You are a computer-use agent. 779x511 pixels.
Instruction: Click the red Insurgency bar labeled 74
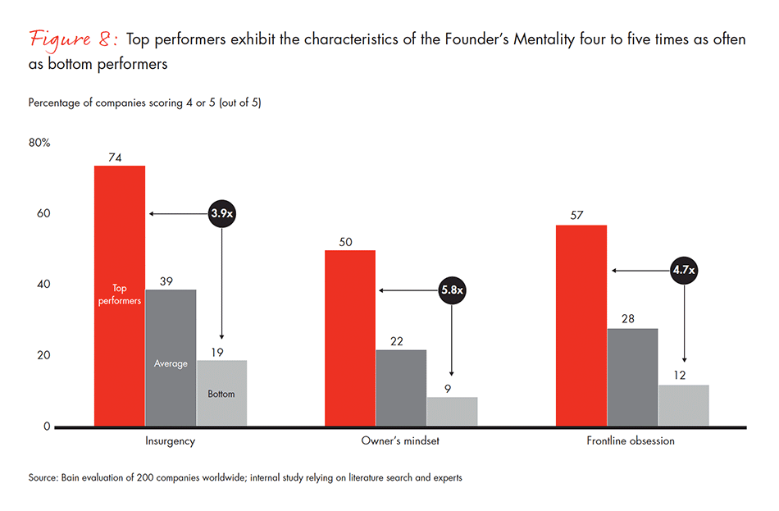point(120,246)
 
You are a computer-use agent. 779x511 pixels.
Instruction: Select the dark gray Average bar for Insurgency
point(171,328)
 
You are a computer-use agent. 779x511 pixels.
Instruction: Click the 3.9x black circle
point(221,214)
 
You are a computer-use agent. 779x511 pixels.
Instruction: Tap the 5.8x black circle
point(452,290)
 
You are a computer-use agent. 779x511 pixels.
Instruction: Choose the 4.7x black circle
point(685,271)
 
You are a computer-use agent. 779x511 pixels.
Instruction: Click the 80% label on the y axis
point(39,143)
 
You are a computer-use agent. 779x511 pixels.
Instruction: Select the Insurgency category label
point(170,441)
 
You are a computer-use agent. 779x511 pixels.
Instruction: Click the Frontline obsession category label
point(631,441)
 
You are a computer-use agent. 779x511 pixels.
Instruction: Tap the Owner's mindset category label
point(401,441)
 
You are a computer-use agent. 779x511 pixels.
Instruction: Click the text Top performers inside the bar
point(120,294)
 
